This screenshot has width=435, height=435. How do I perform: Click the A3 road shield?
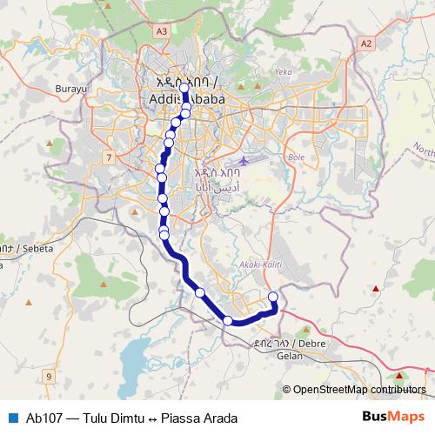(161, 30)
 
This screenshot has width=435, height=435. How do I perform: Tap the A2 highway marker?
(365, 42)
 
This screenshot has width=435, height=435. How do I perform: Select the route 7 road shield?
(108, 157)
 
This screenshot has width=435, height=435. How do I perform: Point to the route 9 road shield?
(49, 376)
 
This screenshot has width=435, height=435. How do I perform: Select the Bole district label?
(296, 158)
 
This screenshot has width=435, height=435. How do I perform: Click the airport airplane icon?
(244, 162)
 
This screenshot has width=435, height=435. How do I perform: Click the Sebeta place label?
(21, 248)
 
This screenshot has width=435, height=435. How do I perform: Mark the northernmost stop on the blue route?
(184, 88)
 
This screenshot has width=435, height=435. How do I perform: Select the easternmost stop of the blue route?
(273, 298)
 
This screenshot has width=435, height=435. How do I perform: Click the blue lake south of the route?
(144, 358)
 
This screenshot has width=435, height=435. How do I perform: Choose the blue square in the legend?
(12, 418)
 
